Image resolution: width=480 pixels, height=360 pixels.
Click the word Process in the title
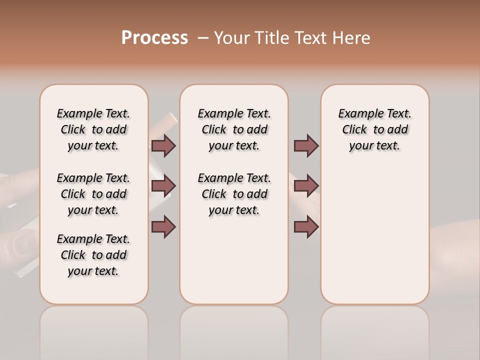point(154,37)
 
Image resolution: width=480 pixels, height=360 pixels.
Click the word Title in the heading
point(273,37)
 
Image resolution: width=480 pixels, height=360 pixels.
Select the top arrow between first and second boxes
point(163,145)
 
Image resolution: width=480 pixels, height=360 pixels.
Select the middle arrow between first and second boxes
point(163,186)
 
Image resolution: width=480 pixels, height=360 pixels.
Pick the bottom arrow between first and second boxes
point(163,226)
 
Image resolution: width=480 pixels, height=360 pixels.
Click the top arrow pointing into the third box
point(306,145)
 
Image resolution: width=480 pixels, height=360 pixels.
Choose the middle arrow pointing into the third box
point(306,186)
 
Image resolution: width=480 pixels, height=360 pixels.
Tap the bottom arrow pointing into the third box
point(306,226)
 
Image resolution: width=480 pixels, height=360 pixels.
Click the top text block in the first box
point(93,129)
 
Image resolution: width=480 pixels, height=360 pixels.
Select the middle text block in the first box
point(93,194)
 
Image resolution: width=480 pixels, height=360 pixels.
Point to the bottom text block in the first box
point(93,255)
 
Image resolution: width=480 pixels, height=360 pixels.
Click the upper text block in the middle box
point(234,129)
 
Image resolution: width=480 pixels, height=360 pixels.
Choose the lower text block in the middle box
point(234,194)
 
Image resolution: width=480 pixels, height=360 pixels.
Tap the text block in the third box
point(374,129)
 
